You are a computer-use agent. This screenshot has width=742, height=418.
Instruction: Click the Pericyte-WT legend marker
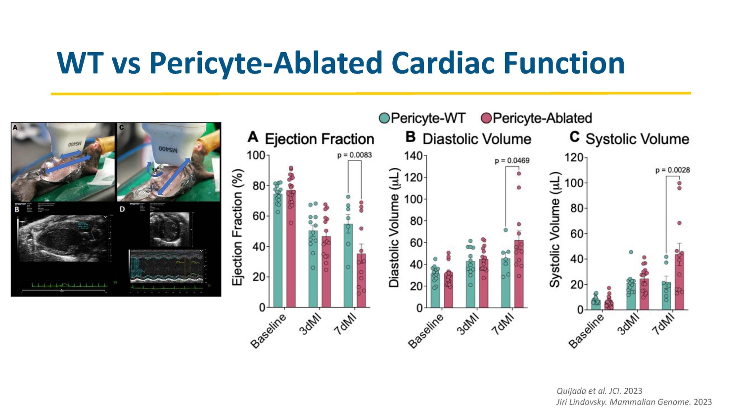coord(384,118)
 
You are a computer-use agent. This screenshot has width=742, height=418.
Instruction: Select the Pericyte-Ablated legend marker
coord(486,118)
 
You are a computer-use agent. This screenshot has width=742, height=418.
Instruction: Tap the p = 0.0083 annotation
coord(354,155)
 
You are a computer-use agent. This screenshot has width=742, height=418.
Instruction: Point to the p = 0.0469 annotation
coord(512,160)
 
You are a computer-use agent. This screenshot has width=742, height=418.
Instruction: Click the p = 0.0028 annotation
coord(672,170)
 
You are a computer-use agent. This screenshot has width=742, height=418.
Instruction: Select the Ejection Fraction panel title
coord(319,139)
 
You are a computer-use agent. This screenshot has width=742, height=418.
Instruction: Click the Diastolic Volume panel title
coord(476,139)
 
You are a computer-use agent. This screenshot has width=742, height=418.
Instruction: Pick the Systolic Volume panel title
coord(637,139)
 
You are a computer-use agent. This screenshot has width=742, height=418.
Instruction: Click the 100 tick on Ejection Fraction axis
coord(256,156)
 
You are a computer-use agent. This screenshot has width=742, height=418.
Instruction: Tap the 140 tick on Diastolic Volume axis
coord(413,156)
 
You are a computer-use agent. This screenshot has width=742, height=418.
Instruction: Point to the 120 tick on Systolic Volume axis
coord(574,157)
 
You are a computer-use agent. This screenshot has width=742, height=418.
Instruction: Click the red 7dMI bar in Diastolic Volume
coord(518,275)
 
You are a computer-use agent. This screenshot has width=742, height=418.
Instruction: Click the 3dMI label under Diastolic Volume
coord(468,324)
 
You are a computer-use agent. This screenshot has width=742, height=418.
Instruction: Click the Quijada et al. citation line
coord(599,391)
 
